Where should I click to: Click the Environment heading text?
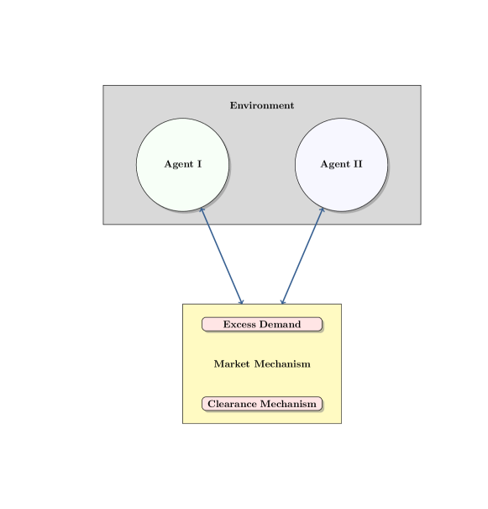point(262,106)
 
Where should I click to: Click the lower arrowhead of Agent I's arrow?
point(241,301)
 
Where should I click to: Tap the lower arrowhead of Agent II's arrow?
point(283,301)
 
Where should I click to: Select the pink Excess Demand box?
point(262,325)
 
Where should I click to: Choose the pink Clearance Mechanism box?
point(262,404)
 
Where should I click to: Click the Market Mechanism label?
point(262,364)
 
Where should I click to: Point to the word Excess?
point(239,325)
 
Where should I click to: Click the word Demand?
point(280,325)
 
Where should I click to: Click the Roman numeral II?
point(357,164)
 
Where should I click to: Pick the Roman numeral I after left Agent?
point(199,164)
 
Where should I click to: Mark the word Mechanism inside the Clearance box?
point(289,404)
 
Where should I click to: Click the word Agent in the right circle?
point(334,164)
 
